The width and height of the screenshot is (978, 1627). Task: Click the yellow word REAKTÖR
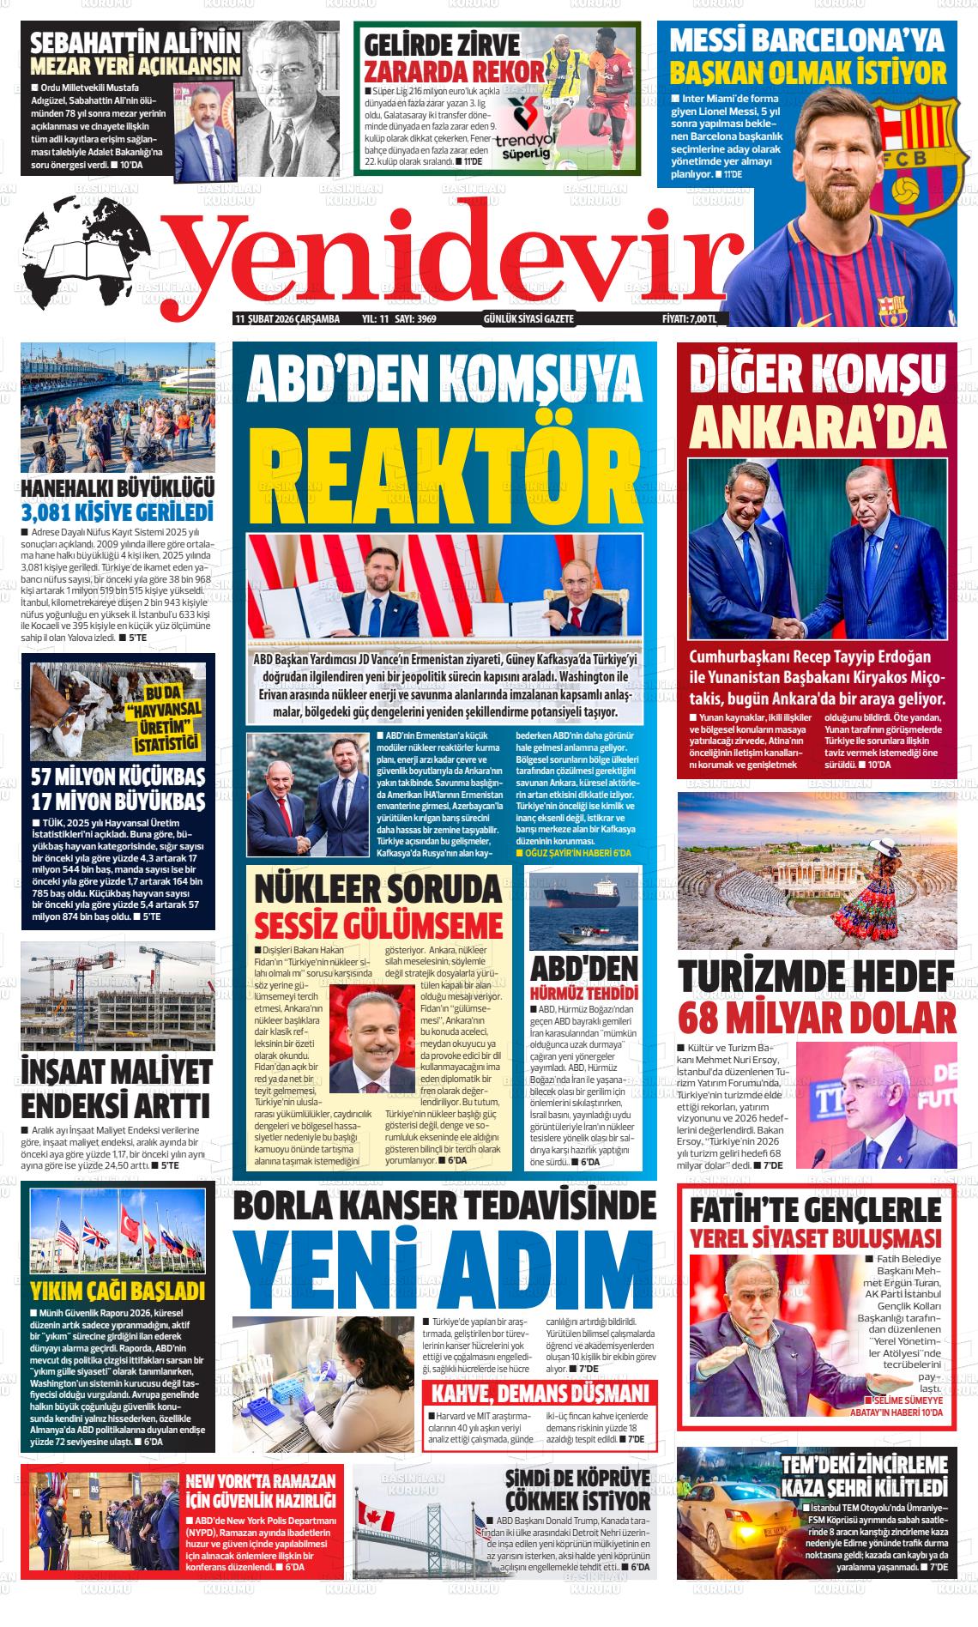[444, 466]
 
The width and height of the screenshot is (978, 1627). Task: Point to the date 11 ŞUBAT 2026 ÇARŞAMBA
[287, 319]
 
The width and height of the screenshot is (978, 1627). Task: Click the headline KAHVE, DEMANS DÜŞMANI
[540, 1391]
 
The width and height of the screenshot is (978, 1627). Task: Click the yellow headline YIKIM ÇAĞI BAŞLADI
[118, 1291]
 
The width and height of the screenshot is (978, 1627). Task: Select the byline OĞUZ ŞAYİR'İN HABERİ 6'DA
[573, 853]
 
